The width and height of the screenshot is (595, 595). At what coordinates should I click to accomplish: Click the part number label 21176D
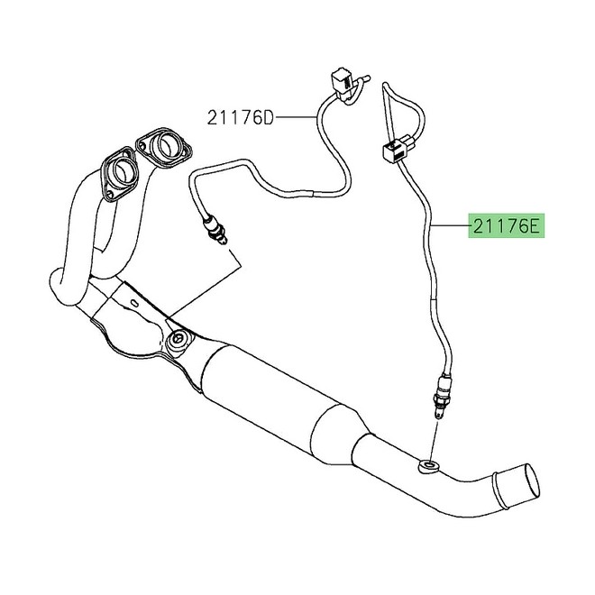tap(239, 117)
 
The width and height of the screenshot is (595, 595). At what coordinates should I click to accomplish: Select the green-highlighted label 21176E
tap(504, 224)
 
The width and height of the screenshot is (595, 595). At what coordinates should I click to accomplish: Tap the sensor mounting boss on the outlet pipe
tap(429, 466)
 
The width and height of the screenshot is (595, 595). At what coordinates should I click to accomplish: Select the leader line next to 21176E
tap(448, 224)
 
